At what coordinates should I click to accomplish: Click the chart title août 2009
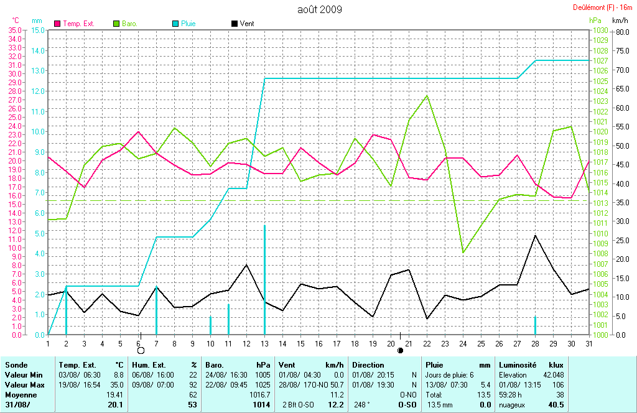[x=319, y=9]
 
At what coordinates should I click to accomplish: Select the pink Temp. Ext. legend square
[x=58, y=24]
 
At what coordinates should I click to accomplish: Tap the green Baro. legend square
[x=116, y=24]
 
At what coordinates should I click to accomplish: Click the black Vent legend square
[x=234, y=24]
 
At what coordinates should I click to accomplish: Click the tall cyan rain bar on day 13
[x=264, y=280]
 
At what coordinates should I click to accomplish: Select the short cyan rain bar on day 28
[x=535, y=325]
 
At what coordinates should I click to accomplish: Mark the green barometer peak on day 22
[x=427, y=95]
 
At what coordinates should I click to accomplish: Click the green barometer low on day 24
[x=463, y=253]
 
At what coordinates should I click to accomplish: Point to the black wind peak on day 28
[x=535, y=235]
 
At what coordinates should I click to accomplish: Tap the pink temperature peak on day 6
[x=138, y=132]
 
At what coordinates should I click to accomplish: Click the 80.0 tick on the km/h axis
[x=623, y=30]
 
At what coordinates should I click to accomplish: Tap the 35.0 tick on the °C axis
[x=14, y=30]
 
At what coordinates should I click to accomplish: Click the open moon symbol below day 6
[x=141, y=351]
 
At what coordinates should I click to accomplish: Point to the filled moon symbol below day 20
[x=400, y=351]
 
